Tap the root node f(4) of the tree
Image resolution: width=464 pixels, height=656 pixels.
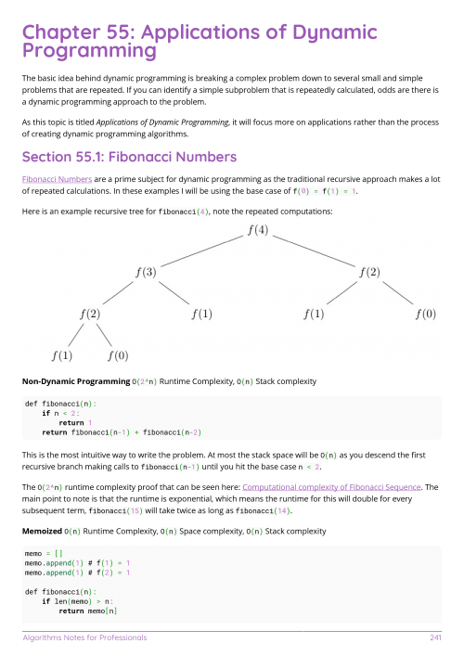click(x=258, y=230)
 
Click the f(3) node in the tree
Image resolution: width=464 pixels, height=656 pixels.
click(x=146, y=272)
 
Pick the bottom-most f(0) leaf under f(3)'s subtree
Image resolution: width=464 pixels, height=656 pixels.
click(x=118, y=354)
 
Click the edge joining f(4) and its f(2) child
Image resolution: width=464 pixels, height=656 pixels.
click(x=314, y=251)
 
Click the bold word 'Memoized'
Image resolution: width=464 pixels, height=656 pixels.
click(x=43, y=531)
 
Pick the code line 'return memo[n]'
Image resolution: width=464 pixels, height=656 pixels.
click(x=88, y=611)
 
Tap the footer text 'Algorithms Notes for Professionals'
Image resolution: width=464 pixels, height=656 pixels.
click(x=85, y=637)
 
